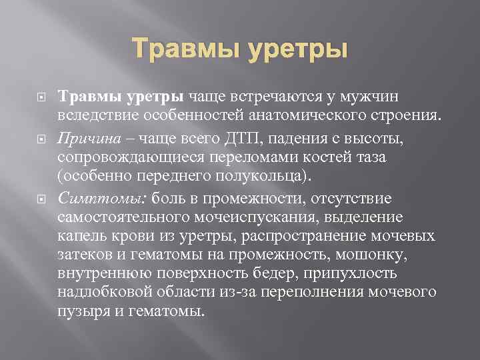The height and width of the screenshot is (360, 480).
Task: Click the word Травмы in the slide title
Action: [186, 49]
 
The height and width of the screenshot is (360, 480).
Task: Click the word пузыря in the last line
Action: [79, 312]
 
